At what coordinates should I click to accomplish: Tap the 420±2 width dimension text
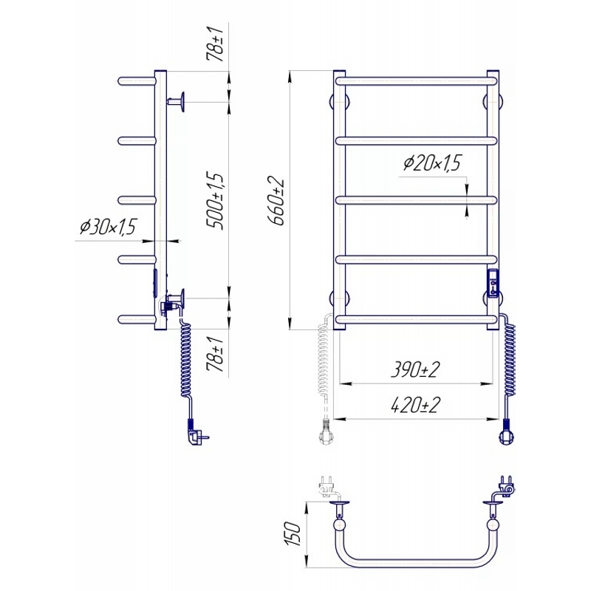click(x=415, y=405)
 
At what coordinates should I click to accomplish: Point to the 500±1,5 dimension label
click(x=216, y=202)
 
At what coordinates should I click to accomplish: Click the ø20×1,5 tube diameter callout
click(x=432, y=163)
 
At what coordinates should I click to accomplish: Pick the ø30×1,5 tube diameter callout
click(x=108, y=227)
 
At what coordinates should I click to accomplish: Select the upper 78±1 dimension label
click(x=216, y=44)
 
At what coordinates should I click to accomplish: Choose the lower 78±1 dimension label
click(x=216, y=355)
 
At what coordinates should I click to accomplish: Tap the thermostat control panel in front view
click(x=493, y=284)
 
